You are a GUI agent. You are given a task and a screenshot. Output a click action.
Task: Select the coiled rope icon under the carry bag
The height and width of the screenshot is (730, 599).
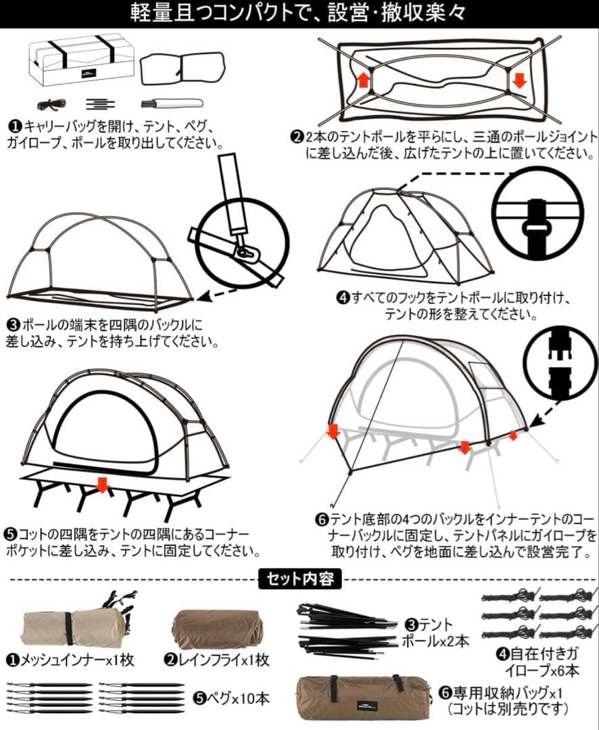51,104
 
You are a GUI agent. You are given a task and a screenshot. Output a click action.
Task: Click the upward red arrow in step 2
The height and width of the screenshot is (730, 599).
363,80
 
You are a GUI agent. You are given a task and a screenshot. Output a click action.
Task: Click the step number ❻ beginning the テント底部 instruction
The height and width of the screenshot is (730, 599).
322,521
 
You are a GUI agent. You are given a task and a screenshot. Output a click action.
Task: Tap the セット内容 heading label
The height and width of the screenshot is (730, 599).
299,579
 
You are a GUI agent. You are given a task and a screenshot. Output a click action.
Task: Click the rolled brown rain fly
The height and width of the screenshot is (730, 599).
217,629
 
